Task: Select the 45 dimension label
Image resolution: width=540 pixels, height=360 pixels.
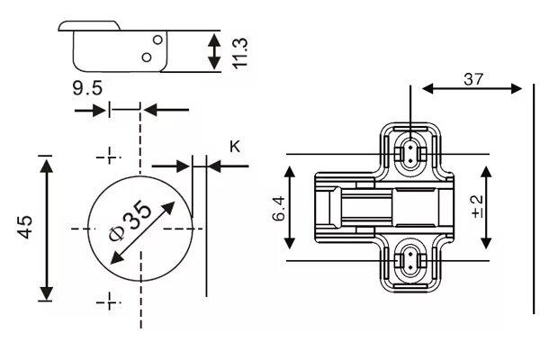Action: coord(24,228)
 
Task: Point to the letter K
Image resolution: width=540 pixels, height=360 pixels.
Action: coord(235,145)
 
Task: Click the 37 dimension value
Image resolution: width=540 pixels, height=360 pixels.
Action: coord(473,78)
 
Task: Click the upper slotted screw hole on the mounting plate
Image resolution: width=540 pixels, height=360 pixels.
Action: coord(410,151)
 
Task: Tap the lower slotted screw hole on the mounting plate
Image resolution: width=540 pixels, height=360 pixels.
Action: coord(410,259)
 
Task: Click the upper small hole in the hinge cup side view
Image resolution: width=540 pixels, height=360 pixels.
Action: coord(157,40)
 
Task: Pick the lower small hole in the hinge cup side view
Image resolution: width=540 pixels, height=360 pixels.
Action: coord(147,57)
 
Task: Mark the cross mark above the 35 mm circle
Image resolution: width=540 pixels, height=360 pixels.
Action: coord(108,156)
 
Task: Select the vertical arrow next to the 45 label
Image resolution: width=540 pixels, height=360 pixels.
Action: coord(46,228)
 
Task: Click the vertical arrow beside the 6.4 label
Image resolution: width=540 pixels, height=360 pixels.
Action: coord(290,209)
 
